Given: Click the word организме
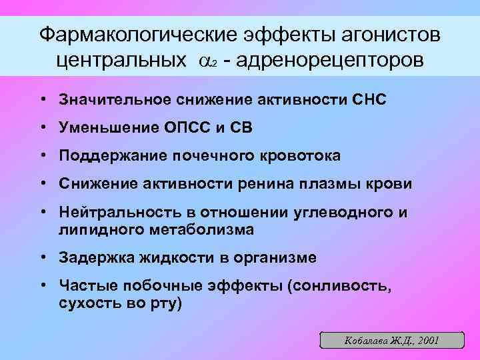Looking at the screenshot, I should coord(271,257).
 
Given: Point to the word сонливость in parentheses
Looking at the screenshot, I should coord(336,286).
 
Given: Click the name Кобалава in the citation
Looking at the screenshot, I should coord(366,340).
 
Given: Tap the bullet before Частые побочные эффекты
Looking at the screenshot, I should coord(42,286).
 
